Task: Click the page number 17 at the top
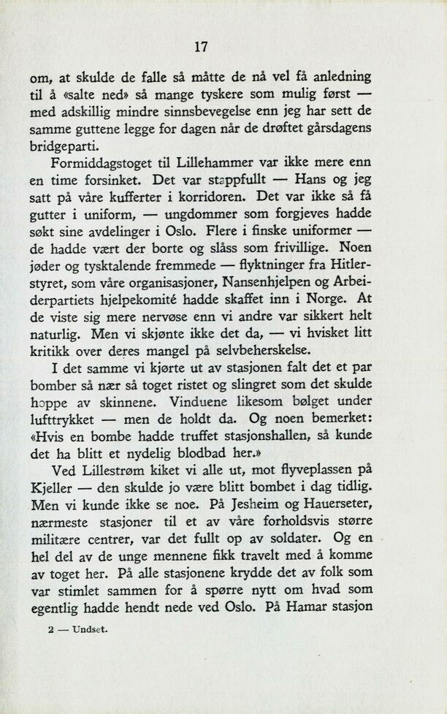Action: [x=202, y=47]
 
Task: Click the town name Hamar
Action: [x=304, y=608]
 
